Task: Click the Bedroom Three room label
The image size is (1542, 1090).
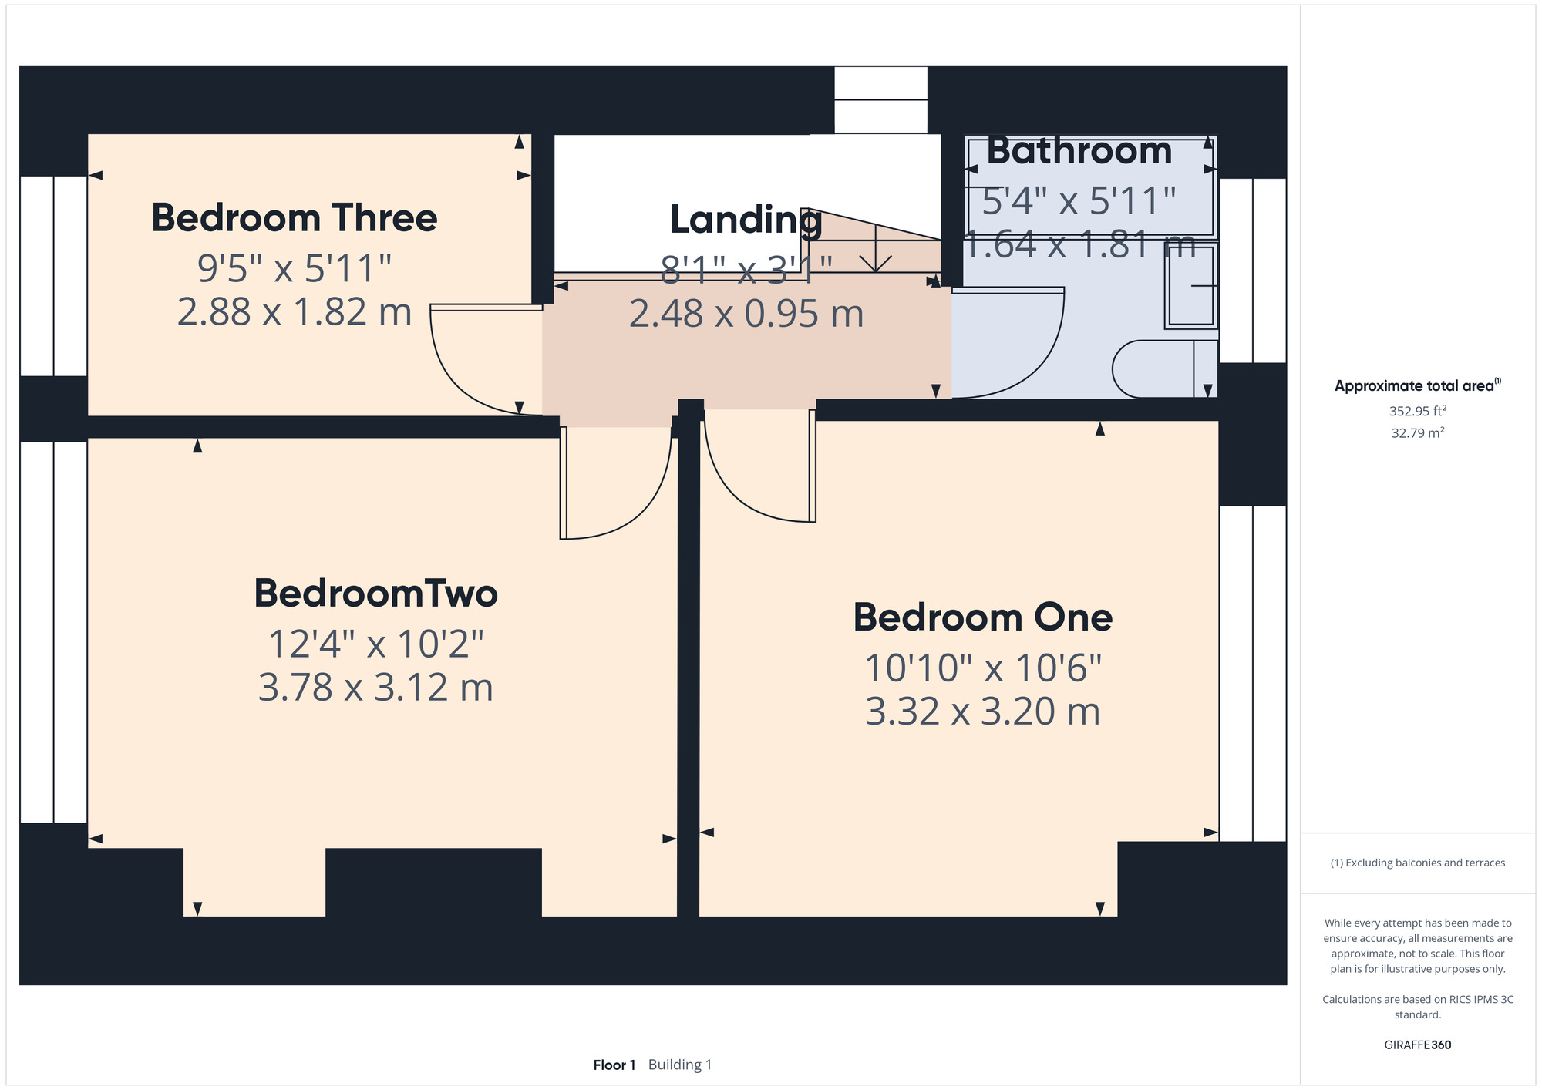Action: [x=295, y=218]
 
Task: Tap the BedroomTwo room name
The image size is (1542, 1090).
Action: [x=376, y=593]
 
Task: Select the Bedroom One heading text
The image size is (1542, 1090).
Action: [x=983, y=617]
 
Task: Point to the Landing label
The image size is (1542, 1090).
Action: [x=746, y=220]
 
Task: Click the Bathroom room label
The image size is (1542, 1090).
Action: [x=1079, y=151]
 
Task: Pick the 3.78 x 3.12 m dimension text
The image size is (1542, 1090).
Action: [x=375, y=688]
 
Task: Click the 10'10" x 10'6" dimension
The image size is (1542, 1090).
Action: [x=983, y=668]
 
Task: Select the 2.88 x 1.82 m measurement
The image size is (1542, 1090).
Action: [x=295, y=312]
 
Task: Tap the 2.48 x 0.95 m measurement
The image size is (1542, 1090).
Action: [x=746, y=314]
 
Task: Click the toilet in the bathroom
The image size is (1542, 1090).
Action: [x=1164, y=369]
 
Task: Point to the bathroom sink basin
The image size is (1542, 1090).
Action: [x=1191, y=285]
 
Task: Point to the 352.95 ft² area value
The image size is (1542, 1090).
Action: [x=1418, y=411]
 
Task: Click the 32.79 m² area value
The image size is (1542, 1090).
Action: [x=1418, y=432]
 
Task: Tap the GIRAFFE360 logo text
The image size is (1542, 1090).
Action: [x=1418, y=1045]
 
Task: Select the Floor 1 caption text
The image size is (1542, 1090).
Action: [x=614, y=1065]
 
